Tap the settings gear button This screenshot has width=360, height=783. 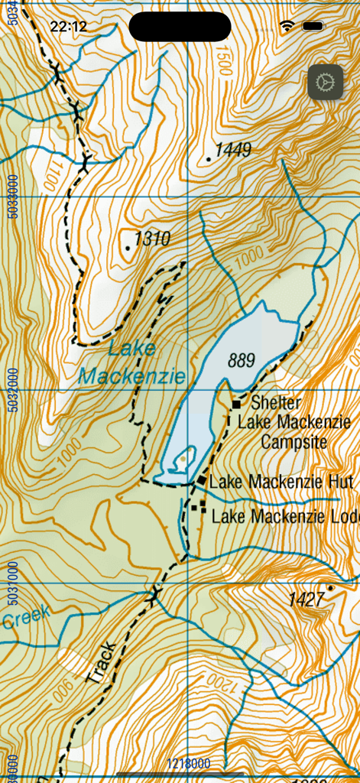coord(326,81)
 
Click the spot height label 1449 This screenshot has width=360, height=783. coord(232,150)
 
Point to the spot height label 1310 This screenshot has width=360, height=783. coord(151,239)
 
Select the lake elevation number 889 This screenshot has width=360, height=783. coord(241,359)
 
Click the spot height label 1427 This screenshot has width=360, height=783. coord(306,599)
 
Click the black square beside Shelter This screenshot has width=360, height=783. coord(237,403)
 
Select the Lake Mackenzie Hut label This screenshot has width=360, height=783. coord(281,482)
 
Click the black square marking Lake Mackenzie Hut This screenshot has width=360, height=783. coord(202,480)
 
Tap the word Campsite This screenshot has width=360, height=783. coord(294,442)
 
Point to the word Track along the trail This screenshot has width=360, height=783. coord(102,663)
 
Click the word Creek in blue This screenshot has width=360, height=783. coord(25,616)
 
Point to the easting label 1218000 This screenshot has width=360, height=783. coord(189,763)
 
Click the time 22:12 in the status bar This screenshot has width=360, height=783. coord(69,27)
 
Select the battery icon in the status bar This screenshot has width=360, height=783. coord(313,26)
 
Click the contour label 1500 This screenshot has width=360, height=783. coord(223,61)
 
